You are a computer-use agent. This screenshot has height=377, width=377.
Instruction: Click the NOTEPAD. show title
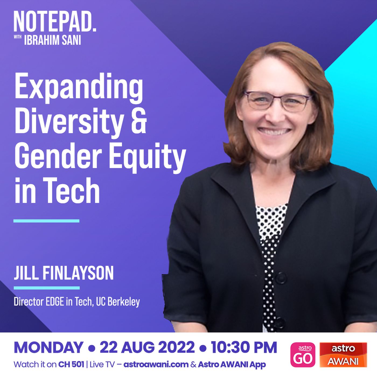[55, 22]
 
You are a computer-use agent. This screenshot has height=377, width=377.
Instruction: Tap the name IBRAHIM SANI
[53, 40]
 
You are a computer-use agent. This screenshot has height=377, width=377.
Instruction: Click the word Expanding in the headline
[79, 88]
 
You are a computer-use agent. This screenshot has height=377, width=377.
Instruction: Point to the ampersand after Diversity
[139, 121]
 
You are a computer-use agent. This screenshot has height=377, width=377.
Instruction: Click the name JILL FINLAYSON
[64, 273]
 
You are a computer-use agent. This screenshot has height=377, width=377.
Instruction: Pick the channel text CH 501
[71, 365]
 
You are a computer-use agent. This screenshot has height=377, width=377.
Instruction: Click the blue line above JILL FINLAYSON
[46, 221]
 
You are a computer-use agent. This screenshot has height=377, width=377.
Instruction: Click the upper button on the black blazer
[281, 278]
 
